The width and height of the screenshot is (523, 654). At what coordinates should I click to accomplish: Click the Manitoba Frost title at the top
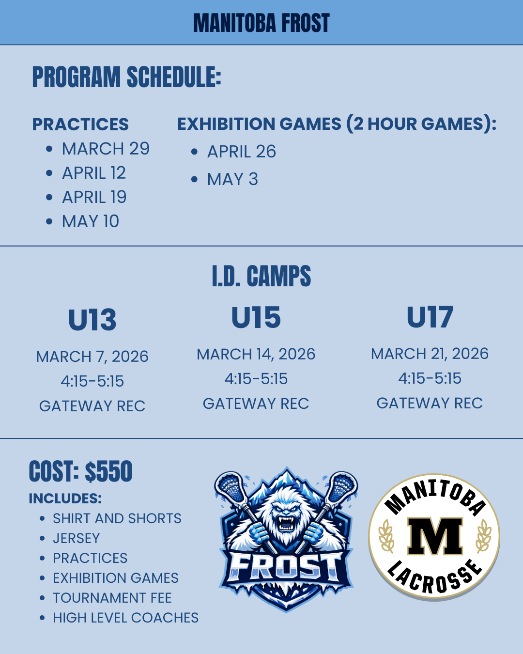coord(261,23)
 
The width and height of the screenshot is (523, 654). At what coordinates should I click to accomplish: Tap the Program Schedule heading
coord(127,77)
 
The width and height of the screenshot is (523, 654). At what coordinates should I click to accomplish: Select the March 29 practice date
coord(106,149)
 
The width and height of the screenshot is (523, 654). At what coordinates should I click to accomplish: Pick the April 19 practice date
coord(94,197)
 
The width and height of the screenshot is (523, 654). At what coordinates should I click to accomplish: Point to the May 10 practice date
coord(90,221)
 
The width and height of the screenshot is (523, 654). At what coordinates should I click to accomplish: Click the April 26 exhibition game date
coord(242,151)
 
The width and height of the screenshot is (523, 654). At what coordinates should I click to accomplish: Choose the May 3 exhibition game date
coord(232,179)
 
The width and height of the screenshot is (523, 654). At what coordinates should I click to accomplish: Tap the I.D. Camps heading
coord(261,276)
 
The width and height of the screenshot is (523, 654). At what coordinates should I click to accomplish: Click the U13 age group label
coord(92,320)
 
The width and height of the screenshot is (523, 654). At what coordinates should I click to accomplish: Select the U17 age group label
coord(430,317)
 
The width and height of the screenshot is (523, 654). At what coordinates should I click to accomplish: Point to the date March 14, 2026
coord(256,354)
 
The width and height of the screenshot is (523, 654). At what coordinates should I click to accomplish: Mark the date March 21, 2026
coord(430,354)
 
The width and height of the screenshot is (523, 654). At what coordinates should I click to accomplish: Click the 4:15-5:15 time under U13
coord(92,381)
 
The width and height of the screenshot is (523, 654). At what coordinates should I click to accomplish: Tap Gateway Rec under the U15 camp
coord(256,404)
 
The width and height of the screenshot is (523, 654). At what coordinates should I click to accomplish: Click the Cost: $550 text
coord(80,471)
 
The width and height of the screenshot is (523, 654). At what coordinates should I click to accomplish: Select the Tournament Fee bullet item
coord(112,598)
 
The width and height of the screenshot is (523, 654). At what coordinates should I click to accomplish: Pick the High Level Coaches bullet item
coord(125,618)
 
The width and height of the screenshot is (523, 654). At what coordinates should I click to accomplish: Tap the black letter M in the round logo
coord(435,536)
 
